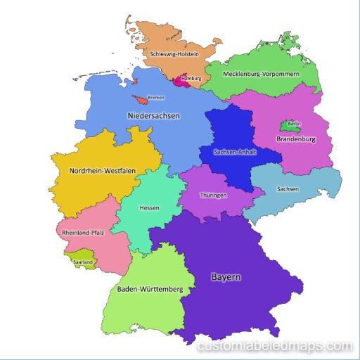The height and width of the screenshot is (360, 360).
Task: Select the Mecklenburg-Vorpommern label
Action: pos(261,74)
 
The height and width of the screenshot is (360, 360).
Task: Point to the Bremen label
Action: pos(156,98)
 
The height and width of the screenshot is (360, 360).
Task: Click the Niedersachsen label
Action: pos(153,115)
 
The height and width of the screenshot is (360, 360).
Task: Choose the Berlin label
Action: pos(292,124)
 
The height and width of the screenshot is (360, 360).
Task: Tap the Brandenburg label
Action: pos(296,139)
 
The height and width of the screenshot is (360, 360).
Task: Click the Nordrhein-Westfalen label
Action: pos(103,171)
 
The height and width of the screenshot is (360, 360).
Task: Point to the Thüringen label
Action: pos(213,195)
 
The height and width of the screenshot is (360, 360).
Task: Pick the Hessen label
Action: pos(149,208)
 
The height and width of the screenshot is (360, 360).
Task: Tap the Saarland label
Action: pos(83,262)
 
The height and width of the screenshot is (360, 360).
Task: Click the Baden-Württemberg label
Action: pos(150,289)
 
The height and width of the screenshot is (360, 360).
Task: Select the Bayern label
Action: pos(226,277)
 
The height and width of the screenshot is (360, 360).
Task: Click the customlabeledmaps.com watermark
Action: pos(275,346)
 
